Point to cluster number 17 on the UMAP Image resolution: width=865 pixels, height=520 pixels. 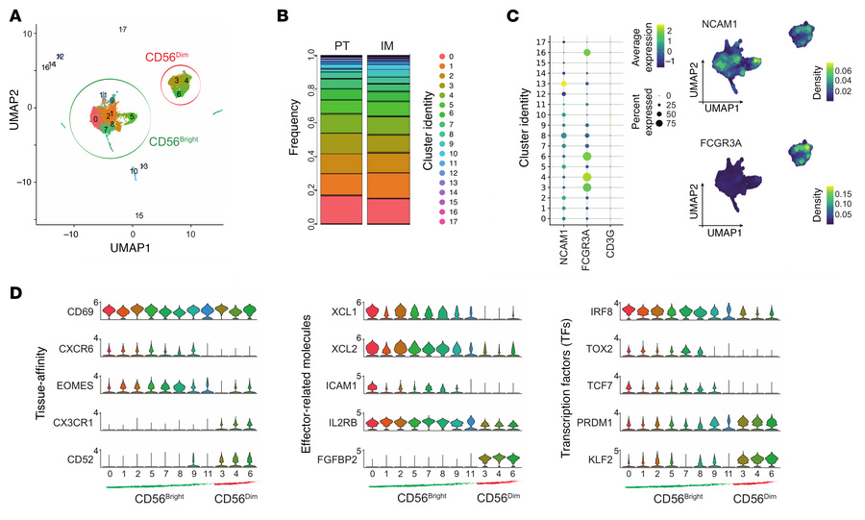pyautogui.click(x=122, y=30)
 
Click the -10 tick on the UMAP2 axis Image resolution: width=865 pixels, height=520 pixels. pyautogui.click(x=26, y=182)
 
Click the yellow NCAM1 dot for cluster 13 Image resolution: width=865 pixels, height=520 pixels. pyautogui.click(x=563, y=85)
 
